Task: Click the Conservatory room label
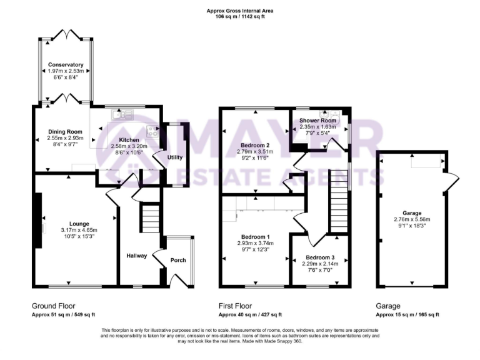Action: pyautogui.click(x=66, y=64)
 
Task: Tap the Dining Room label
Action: pyautogui.click(x=66, y=132)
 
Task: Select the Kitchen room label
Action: pyautogui.click(x=129, y=140)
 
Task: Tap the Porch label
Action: pyautogui.click(x=178, y=259)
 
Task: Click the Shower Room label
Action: pyautogui.click(x=317, y=120)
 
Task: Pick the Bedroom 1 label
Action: pyautogui.click(x=254, y=236)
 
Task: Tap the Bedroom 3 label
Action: pyautogui.click(x=320, y=257)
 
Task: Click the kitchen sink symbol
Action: pyautogui.click(x=119, y=114)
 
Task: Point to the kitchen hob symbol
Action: pyautogui.click(x=151, y=131)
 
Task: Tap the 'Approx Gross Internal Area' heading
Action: pyautogui.click(x=240, y=11)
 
